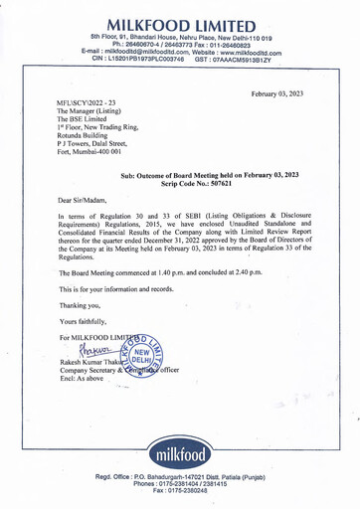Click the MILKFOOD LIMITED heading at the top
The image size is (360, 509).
[x=181, y=23]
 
